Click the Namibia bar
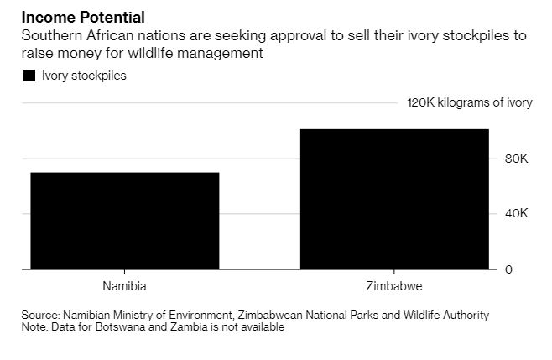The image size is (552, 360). (124, 221)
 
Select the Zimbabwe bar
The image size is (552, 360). (394, 200)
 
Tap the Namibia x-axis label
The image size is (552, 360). (124, 286)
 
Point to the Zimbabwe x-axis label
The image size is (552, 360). (394, 286)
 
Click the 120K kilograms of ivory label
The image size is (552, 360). (469, 102)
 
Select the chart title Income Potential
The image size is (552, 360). (83, 17)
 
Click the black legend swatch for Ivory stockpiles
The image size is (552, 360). (29, 76)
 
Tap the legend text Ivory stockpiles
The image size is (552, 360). (84, 76)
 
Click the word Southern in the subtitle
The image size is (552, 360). (50, 36)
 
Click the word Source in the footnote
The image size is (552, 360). (40, 315)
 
